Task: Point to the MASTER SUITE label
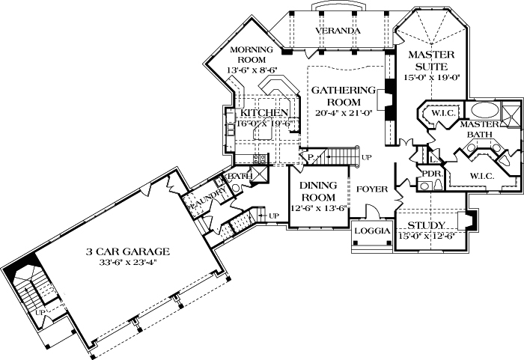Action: click(430, 61)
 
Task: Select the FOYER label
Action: click(371, 189)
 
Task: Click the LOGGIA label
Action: click(372, 231)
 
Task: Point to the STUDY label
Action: click(428, 225)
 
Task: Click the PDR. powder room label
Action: click(433, 173)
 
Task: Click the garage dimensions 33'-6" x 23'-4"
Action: click(126, 263)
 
